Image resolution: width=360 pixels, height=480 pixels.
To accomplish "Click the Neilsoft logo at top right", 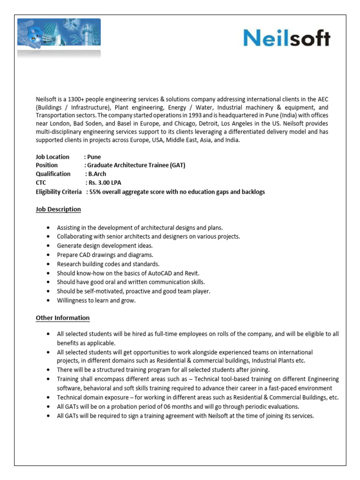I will (287, 38).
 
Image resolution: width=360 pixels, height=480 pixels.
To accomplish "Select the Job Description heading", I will (58, 209).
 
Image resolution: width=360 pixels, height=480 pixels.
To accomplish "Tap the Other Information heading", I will (62, 318).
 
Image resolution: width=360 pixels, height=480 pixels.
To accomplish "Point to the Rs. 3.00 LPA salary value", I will (103, 182).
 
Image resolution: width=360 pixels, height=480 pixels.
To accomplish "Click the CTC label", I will (42, 182).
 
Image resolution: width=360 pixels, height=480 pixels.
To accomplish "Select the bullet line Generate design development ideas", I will (105, 246).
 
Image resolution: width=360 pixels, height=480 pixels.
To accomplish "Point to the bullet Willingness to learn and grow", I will (96, 300).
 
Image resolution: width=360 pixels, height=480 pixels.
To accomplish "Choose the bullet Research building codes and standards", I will (108, 264).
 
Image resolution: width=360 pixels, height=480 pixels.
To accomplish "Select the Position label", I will (47, 165).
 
